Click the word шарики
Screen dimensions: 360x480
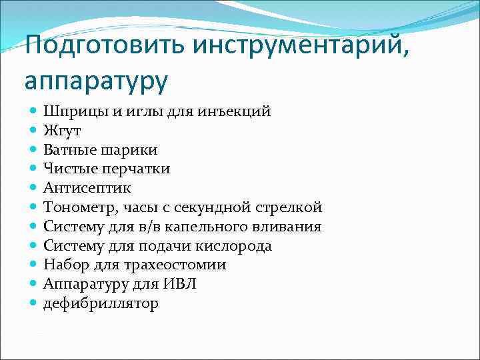(126, 150)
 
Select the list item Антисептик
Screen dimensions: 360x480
(87, 188)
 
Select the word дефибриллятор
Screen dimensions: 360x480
(101, 303)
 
